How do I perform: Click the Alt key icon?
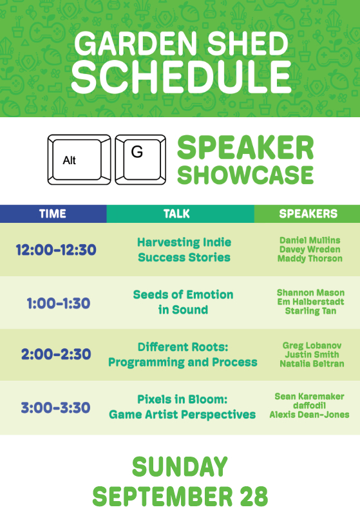(x=79, y=160)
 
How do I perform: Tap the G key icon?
(x=140, y=160)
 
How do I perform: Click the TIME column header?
(x=53, y=214)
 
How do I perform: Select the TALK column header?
(x=176, y=214)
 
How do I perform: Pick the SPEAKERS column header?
(x=308, y=214)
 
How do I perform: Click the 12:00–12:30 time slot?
(x=56, y=250)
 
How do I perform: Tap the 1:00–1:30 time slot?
(x=59, y=303)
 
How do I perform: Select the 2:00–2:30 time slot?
(x=56, y=354)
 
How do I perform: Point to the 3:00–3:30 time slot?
(x=55, y=408)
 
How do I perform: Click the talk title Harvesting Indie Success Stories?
(x=184, y=250)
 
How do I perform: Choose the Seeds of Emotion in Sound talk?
(x=184, y=302)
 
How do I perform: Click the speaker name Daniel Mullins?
(x=310, y=240)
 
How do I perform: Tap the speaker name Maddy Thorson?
(x=310, y=258)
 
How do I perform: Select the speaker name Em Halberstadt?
(x=310, y=302)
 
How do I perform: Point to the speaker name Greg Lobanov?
(x=312, y=346)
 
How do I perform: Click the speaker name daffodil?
(x=309, y=406)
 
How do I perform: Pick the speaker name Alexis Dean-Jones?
(x=309, y=415)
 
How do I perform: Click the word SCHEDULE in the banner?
(x=182, y=77)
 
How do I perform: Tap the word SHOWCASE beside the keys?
(x=245, y=175)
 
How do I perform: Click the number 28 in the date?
(x=254, y=497)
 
